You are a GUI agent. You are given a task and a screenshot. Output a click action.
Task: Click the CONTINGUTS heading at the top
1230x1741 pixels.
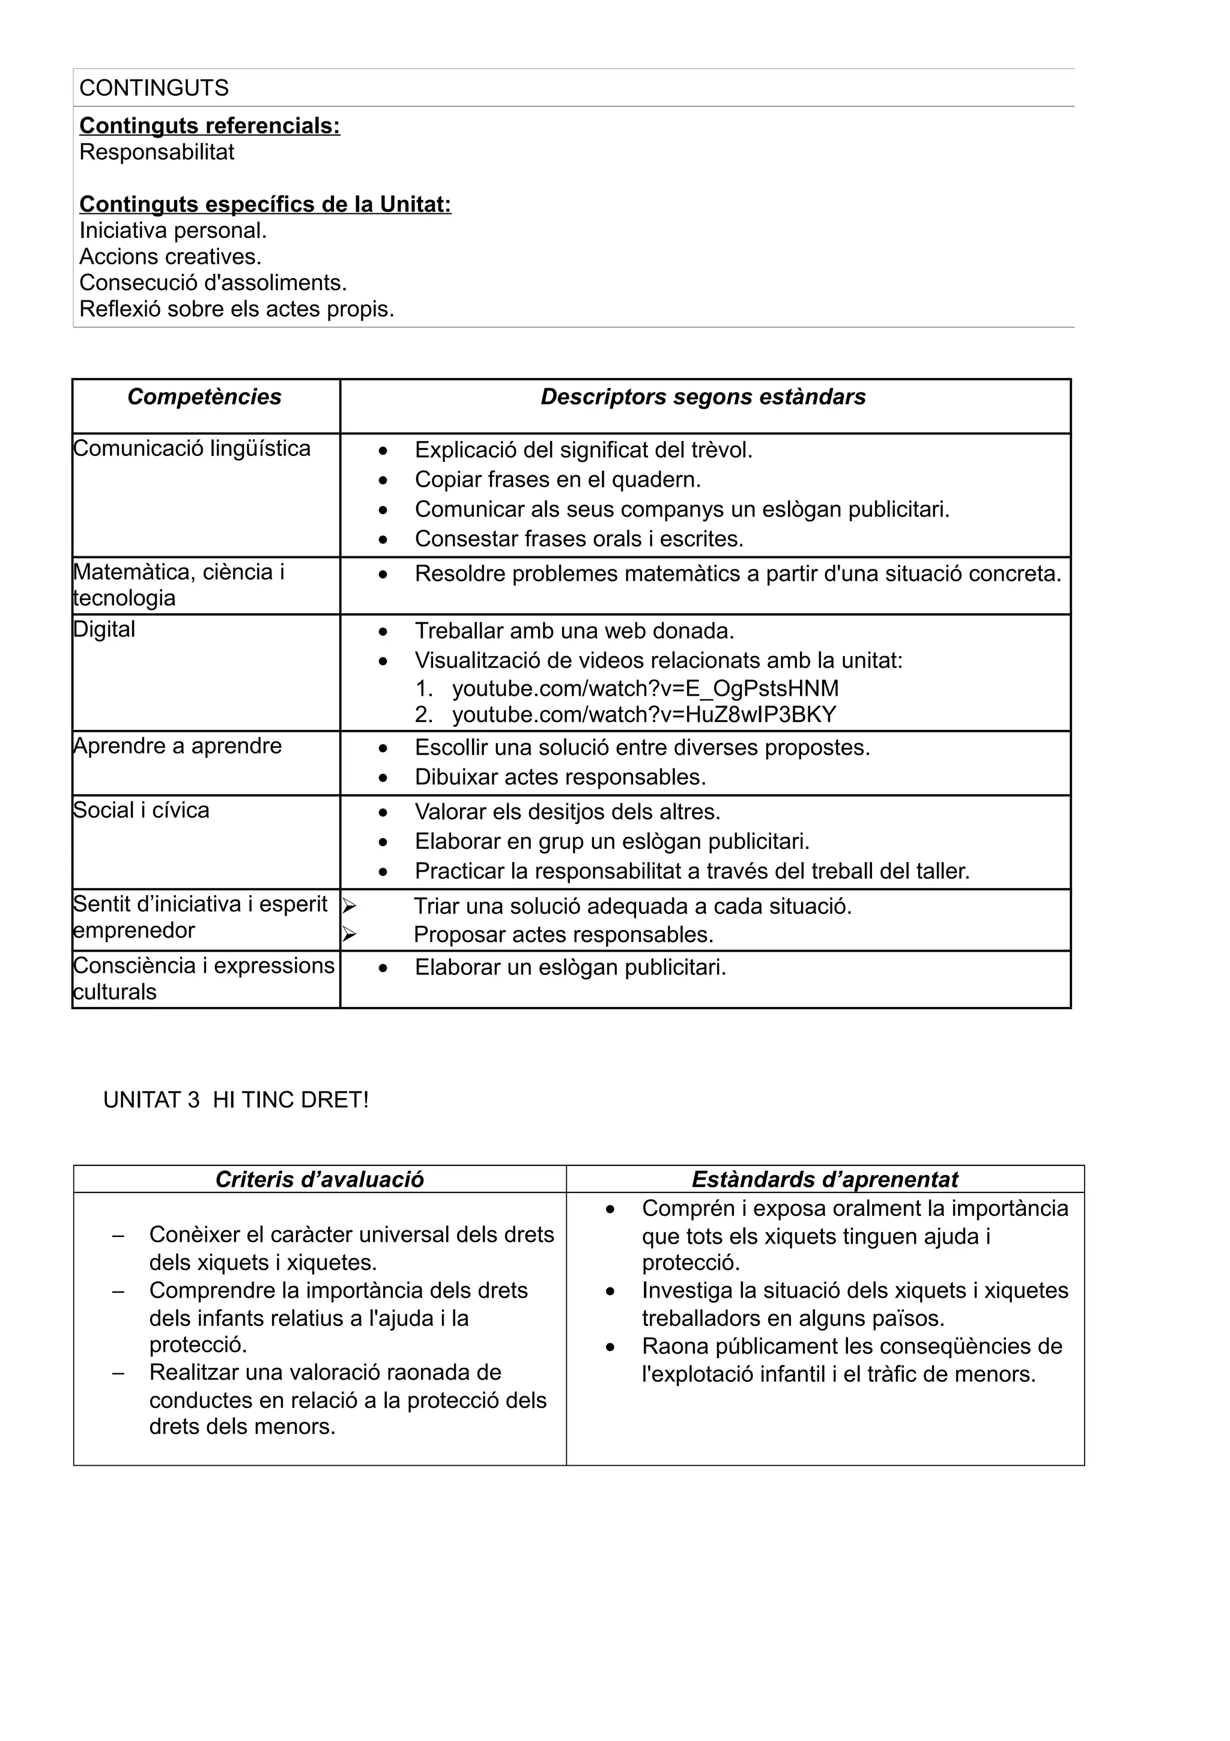click(x=154, y=88)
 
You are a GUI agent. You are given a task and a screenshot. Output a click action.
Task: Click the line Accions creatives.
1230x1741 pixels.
click(x=170, y=257)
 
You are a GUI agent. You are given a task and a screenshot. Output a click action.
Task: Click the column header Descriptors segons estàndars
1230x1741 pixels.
click(x=703, y=397)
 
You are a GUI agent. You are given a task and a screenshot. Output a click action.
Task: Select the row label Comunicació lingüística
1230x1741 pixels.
click(x=192, y=448)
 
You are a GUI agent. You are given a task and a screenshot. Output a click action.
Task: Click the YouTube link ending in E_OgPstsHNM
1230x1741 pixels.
click(x=645, y=688)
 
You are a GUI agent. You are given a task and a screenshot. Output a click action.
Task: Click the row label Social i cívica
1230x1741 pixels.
click(x=141, y=810)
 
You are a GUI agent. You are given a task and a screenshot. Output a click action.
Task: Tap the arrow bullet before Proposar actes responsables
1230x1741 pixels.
click(x=348, y=935)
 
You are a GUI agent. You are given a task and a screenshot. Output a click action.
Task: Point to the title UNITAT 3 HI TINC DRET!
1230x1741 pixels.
click(x=235, y=1099)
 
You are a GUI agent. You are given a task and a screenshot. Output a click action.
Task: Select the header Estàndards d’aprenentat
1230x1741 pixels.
click(x=824, y=1179)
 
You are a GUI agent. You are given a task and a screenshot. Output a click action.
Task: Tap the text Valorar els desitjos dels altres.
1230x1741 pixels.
click(x=567, y=812)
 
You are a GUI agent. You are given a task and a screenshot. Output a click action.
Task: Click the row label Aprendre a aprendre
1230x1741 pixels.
click(x=177, y=746)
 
